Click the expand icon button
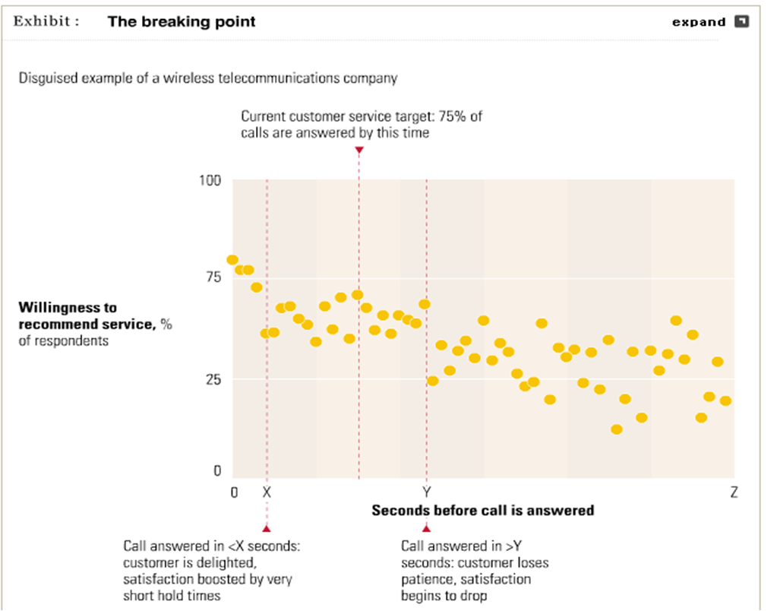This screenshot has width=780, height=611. pos(741,21)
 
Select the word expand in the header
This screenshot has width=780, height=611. pos(699,22)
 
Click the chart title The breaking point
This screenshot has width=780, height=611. pos(182,21)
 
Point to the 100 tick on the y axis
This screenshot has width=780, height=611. pos(210,180)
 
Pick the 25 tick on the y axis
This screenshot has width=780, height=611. pos(213,378)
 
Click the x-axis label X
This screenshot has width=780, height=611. pos(267,492)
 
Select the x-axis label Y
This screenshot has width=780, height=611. pos(426,492)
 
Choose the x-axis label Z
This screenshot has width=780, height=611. pos(734,492)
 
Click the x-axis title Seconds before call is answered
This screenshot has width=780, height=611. pos(482,510)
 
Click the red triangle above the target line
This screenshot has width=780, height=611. pos(358,150)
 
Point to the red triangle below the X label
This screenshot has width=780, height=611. pos(267,527)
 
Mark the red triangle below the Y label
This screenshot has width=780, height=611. pos(426,527)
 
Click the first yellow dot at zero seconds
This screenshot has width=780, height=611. pos(232,261)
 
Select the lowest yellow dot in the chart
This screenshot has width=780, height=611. pos(617,429)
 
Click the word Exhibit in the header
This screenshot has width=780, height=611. pos(46,21)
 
